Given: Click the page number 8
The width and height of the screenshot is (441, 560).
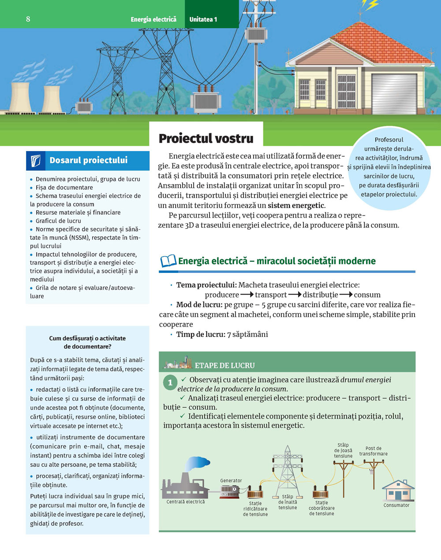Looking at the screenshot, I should tap(28, 19).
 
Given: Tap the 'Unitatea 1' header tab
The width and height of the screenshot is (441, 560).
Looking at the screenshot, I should tap(203, 19).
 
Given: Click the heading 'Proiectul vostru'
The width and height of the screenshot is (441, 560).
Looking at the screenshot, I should tap(206, 139).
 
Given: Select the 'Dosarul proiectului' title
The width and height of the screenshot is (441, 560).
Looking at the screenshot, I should tap(88, 160).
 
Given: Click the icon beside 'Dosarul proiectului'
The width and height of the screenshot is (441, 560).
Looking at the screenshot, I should tap(36, 161).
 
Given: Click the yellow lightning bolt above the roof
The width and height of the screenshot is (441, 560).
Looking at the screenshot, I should tap(370, 5).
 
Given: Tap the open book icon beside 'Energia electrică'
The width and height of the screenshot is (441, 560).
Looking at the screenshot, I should tap(168, 261).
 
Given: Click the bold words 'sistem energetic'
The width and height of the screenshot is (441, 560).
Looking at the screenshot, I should tap(296, 205).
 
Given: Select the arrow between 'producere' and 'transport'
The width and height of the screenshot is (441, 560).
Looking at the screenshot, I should tap(247, 295).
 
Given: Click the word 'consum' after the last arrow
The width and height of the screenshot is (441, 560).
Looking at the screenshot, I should tap(367, 295).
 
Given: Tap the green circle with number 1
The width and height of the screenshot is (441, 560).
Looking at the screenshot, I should tap(170, 382).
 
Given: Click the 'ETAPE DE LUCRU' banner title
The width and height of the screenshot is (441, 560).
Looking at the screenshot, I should tap(224, 365).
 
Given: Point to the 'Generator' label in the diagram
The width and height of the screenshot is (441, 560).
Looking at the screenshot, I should tap(231, 481).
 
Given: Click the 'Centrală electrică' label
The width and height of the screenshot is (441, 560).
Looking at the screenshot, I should tap(186, 502).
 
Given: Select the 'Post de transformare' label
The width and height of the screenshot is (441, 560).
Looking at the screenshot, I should tap(373, 451).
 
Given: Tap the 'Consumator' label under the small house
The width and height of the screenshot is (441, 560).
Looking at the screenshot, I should tap(396, 505).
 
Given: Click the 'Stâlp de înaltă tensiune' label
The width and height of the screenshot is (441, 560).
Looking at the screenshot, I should tap(288, 502).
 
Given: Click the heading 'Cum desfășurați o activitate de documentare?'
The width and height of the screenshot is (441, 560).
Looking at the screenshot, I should tap(87, 342).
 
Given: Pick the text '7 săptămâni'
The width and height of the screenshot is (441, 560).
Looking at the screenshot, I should tap(247, 334).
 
